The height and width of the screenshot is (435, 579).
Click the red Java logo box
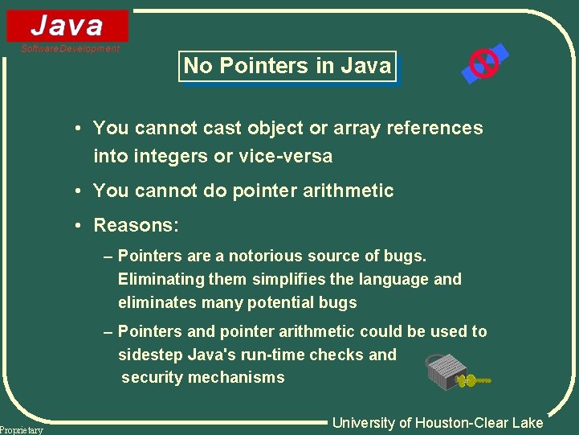(x=67, y=26)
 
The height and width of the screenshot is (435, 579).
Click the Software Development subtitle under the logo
(x=70, y=49)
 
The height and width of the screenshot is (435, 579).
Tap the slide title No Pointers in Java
(x=287, y=66)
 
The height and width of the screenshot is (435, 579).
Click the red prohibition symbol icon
(x=484, y=62)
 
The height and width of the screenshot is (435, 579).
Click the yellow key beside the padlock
(x=477, y=379)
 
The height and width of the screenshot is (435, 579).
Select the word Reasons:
(x=137, y=225)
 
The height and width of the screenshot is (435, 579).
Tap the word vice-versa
(x=286, y=156)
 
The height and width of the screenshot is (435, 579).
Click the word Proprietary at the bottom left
(x=22, y=430)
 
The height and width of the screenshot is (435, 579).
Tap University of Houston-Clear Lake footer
(x=438, y=423)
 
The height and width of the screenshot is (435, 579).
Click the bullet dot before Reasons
(x=82, y=225)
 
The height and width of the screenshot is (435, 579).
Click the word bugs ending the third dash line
(x=337, y=303)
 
